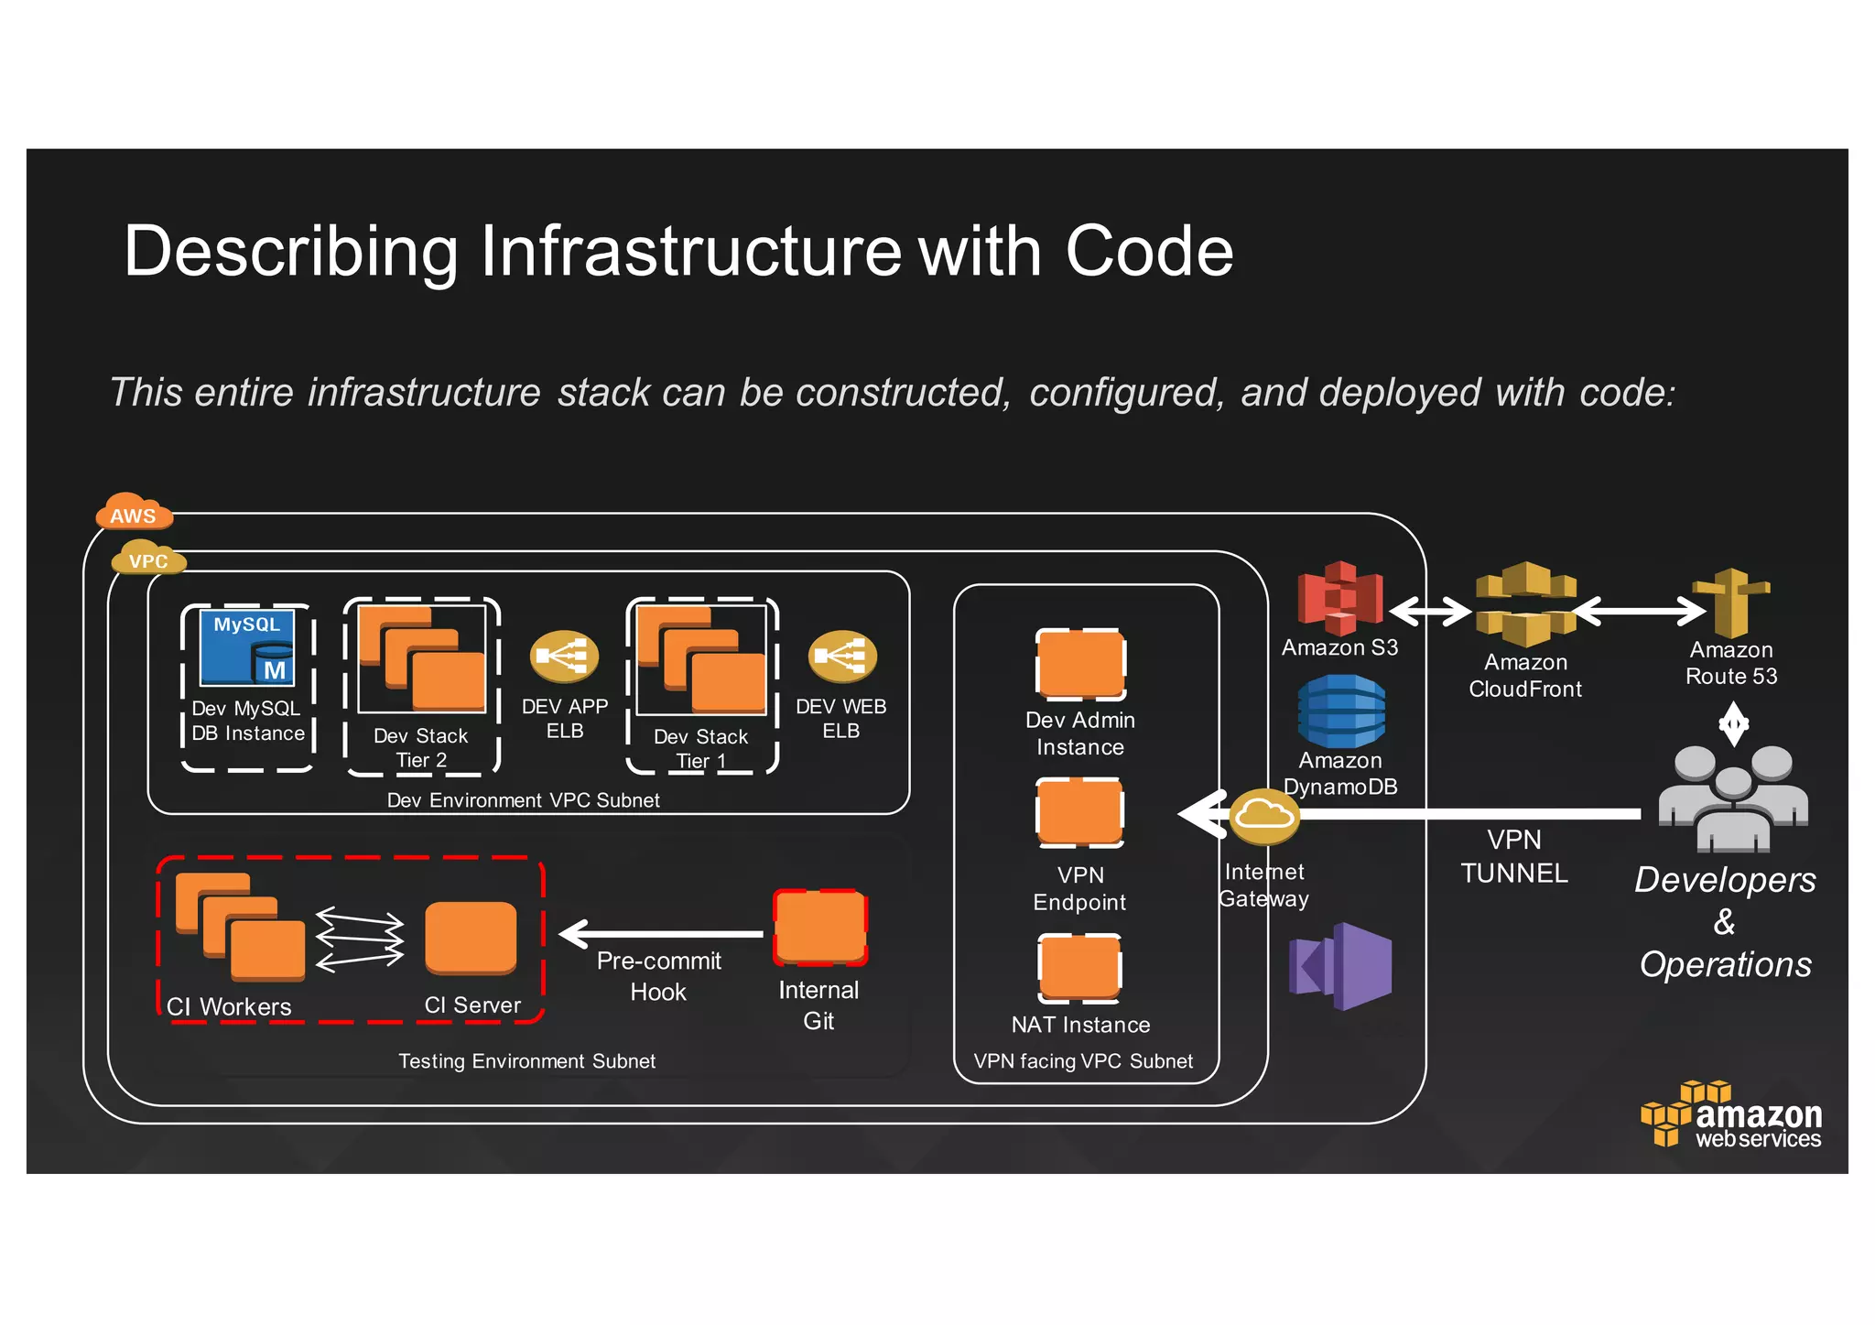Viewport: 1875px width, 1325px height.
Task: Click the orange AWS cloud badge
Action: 134,512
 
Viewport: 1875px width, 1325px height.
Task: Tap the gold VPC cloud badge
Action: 148,558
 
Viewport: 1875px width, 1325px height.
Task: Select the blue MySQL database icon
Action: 248,647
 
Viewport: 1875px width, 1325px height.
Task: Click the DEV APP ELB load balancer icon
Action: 564,656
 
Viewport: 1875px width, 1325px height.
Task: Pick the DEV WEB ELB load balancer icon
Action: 841,656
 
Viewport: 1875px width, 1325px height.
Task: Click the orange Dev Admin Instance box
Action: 1080,665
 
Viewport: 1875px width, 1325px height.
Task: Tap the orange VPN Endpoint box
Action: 1080,812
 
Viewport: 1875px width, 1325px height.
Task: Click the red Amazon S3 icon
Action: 1339,598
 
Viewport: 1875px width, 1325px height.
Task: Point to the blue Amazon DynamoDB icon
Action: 1340,711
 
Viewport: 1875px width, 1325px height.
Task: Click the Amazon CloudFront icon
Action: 1525,603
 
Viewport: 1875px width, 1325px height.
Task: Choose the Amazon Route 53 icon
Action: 1730,603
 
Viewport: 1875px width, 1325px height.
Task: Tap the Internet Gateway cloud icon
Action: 1264,815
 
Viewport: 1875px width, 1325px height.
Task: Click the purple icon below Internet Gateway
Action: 1340,967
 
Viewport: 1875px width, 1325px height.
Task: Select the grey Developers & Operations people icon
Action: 1733,797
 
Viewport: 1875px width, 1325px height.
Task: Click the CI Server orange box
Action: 471,938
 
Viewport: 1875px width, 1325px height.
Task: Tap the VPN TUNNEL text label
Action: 1514,856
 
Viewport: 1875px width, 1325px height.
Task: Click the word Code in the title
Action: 1149,251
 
